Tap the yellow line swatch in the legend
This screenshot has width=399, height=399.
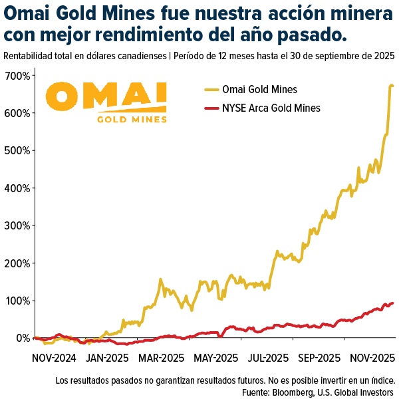pyautogui.click(x=211, y=89)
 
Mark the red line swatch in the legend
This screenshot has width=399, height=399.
pyautogui.click(x=211, y=108)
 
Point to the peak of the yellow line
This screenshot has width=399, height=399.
pyautogui.click(x=391, y=85)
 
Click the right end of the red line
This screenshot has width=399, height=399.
pyautogui.click(x=392, y=303)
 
